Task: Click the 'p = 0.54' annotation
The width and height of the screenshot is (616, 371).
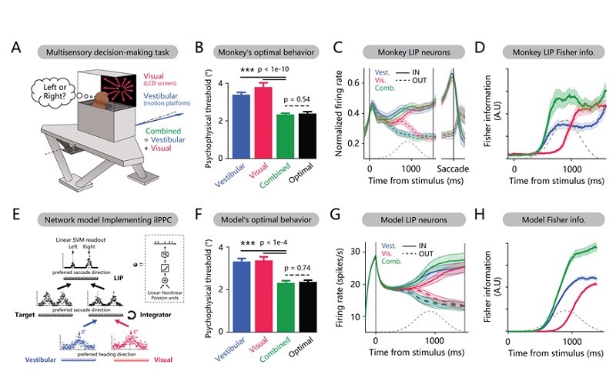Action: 300,102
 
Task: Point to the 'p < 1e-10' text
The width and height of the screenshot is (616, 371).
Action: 294,69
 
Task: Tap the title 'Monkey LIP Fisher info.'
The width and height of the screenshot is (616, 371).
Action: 547,52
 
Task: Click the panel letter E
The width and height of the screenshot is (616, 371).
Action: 16,217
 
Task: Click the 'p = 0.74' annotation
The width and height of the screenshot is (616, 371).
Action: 300,268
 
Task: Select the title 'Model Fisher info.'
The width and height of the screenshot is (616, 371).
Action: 547,219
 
